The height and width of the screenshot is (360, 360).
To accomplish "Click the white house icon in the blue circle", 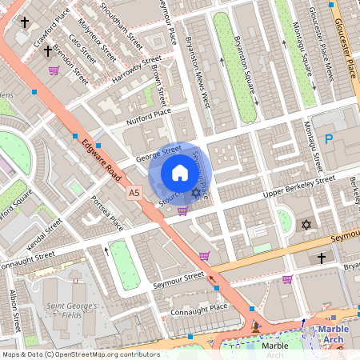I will coord(180,172).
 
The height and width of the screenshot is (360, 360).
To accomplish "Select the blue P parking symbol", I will coord(328,138).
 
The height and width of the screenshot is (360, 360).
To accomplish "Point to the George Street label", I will coord(158,151).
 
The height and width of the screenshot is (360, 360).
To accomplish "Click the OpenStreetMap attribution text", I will coord(80,354).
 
